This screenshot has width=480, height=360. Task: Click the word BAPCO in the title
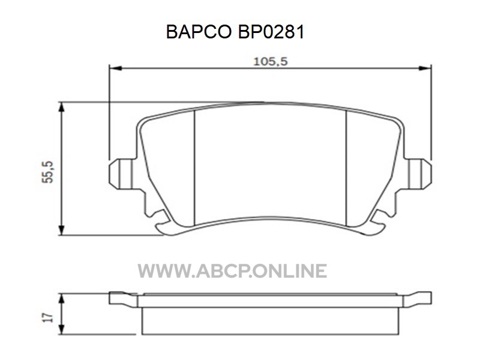point(199,32)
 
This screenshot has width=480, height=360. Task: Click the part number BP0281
point(271,32)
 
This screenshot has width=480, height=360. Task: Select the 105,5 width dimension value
point(271,62)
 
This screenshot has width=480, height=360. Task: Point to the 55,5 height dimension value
point(48,172)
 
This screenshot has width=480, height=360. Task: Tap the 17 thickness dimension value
point(48,317)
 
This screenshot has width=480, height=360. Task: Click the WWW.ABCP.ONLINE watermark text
point(232,271)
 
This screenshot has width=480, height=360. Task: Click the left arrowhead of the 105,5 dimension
point(116,68)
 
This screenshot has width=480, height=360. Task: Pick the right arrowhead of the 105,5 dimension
point(425,68)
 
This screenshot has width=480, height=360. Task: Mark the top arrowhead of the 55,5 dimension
point(62,108)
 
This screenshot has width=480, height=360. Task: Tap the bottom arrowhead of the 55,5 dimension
point(62,229)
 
